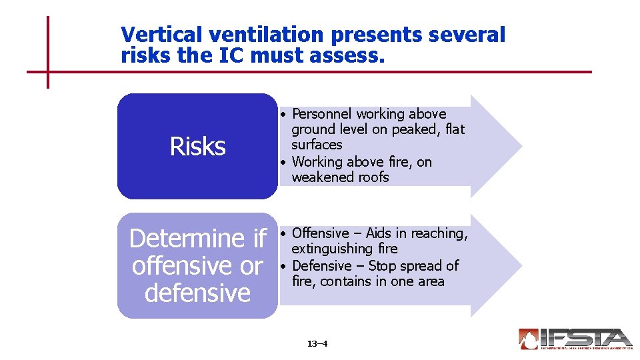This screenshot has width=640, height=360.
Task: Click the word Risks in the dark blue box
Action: pos(197,146)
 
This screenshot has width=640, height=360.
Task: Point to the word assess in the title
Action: pos(347,57)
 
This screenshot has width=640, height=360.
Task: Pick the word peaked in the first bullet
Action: pos(418,129)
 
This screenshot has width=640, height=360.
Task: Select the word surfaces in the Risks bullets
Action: pos(317,145)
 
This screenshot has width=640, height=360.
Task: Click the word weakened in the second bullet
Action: pos(320,177)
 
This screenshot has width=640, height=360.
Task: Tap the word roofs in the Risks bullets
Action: pos(371,177)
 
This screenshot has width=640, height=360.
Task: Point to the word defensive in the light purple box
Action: pos(197,293)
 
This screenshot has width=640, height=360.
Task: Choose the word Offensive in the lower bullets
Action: pos(321,233)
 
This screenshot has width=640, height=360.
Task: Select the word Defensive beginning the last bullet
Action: pos(322,266)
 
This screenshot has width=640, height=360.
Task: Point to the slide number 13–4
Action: pos(317,344)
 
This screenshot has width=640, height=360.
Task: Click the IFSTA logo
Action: pos(575,339)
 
